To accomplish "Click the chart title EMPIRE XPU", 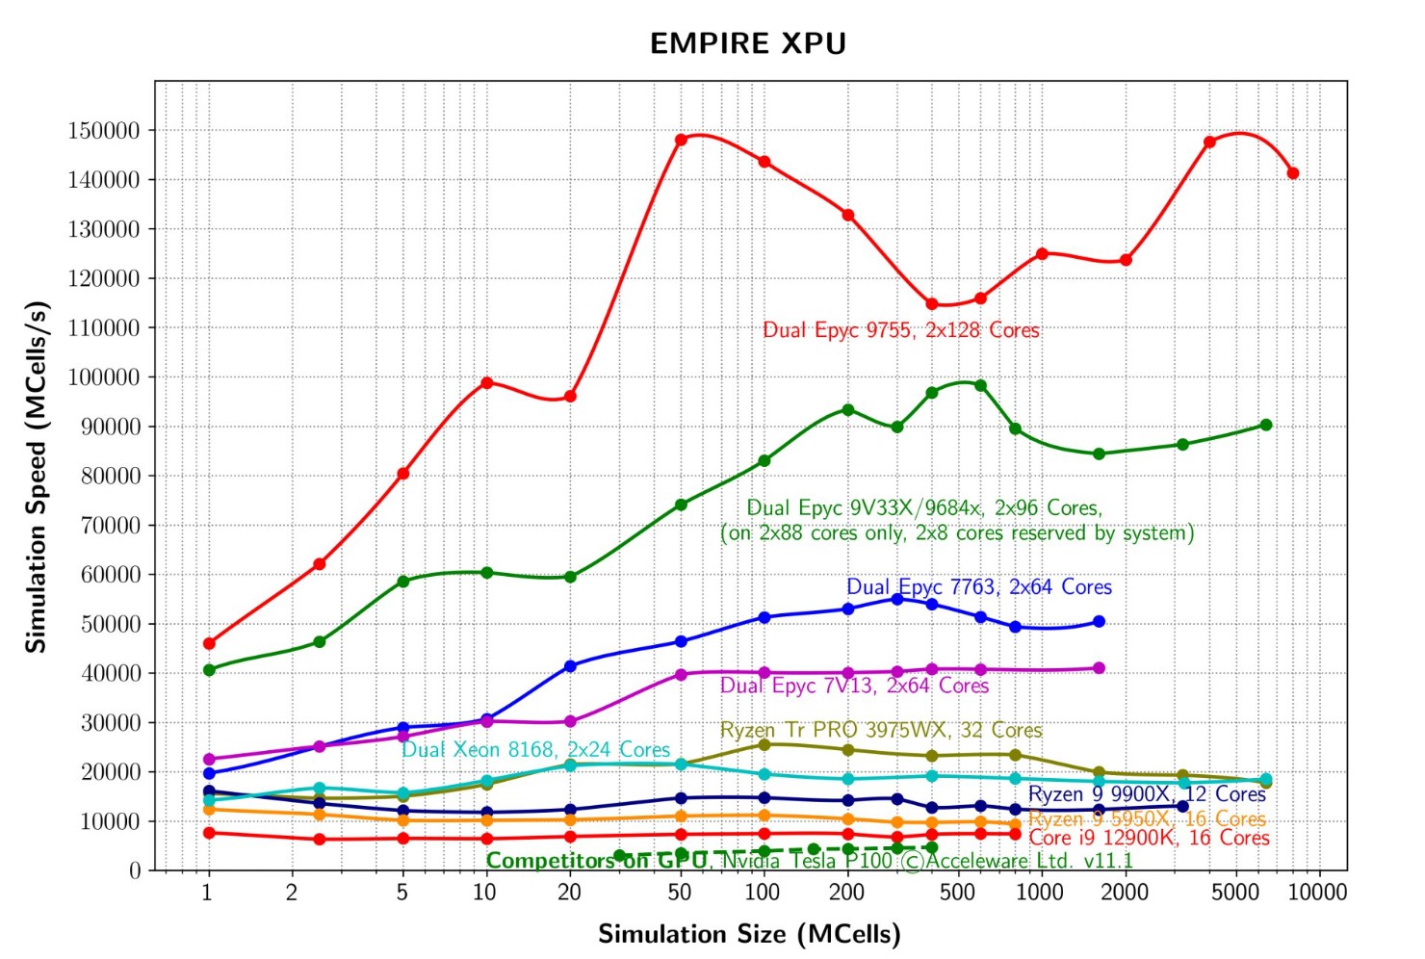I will [748, 44].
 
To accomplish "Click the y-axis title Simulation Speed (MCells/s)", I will [37, 478].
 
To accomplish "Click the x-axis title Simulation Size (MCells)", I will [749, 934].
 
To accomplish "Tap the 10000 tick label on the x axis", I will [1317, 893].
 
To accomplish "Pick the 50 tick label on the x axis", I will [680, 893].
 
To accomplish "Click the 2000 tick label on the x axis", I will [1124, 893].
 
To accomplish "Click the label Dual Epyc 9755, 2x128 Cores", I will [900, 330].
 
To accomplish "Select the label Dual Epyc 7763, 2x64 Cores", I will [978, 587].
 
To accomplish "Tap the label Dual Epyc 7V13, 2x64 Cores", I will [854, 686].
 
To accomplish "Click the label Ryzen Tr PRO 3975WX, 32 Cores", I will [881, 730].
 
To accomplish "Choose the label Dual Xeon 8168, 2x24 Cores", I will [535, 750].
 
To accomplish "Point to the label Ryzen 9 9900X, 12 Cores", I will [1147, 794].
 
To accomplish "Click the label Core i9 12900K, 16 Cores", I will [1149, 838].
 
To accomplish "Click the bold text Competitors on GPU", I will [596, 861].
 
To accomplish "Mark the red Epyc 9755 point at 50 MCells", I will [681, 140].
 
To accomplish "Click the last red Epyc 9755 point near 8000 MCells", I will [1293, 173].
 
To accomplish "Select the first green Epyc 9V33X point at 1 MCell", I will [209, 670].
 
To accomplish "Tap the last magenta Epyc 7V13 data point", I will [1099, 668].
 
